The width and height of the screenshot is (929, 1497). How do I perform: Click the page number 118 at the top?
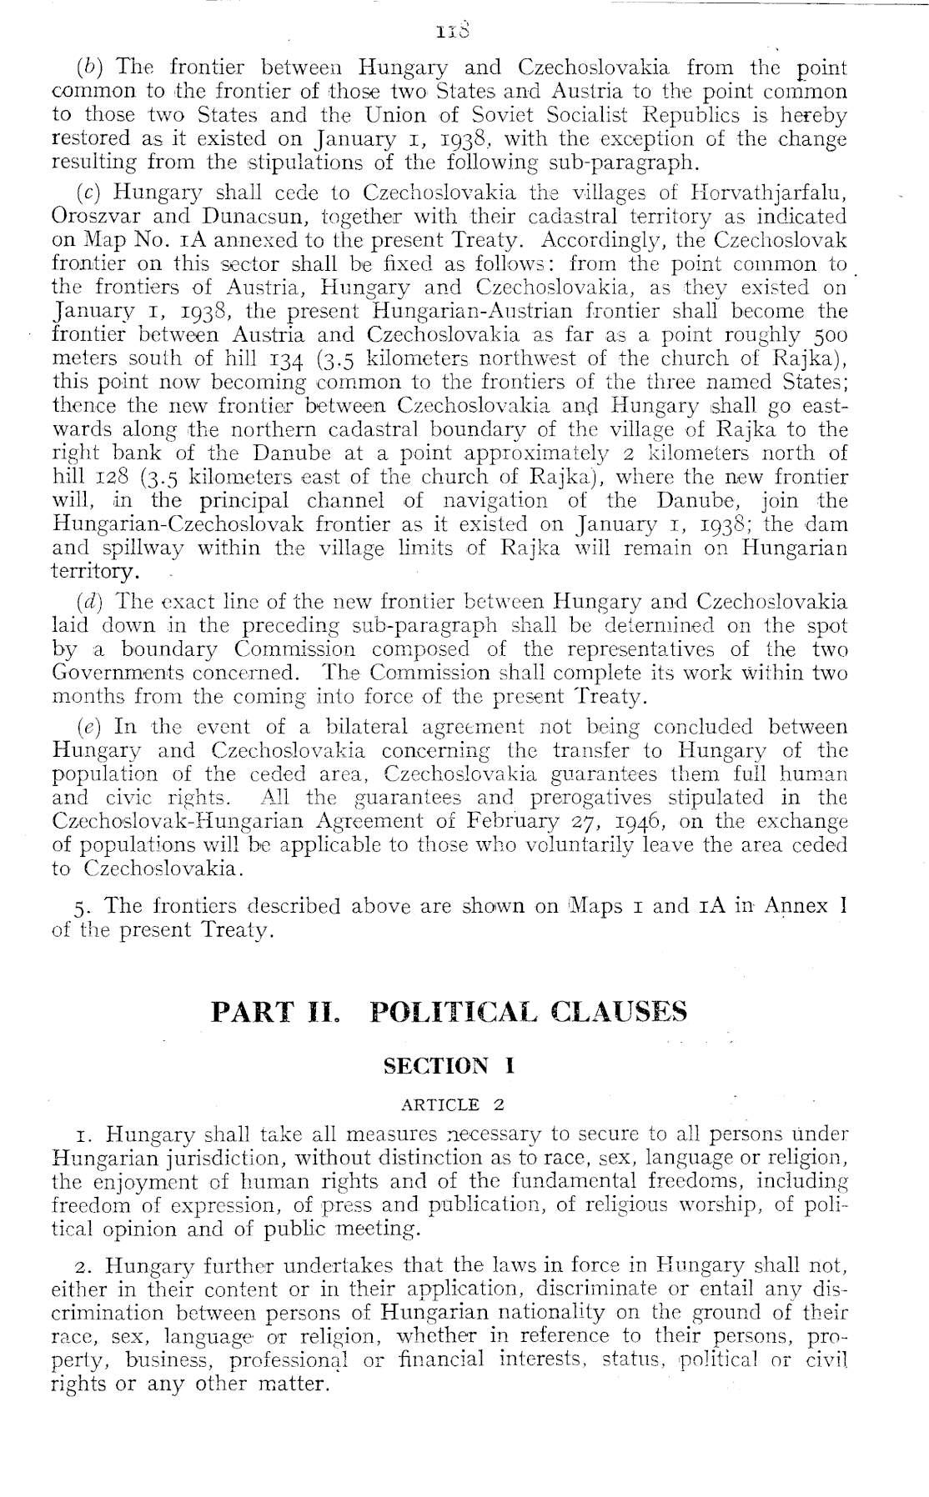(x=460, y=33)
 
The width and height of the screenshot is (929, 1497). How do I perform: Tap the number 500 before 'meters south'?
(x=828, y=335)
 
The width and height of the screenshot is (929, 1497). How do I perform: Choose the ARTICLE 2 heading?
(x=453, y=1105)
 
